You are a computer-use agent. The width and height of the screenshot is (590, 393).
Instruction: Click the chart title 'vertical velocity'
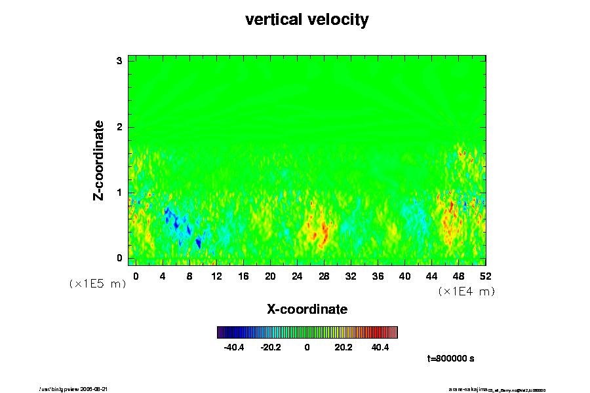click(x=307, y=20)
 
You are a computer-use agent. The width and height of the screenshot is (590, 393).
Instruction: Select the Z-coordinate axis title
click(x=99, y=160)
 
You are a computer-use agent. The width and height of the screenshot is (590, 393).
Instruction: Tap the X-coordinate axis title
click(x=307, y=309)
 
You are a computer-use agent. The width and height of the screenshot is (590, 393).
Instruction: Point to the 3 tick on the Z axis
click(x=120, y=61)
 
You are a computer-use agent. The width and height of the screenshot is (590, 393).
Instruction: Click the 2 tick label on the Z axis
click(x=120, y=127)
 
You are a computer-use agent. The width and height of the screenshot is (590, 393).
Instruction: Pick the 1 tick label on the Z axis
click(x=120, y=193)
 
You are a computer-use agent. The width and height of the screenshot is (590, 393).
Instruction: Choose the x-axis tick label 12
click(x=216, y=276)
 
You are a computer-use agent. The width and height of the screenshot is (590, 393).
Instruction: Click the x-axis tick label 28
click(x=324, y=276)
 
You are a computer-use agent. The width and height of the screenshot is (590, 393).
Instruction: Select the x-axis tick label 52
click(x=485, y=276)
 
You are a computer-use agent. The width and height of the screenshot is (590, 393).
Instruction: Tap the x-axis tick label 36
click(x=378, y=276)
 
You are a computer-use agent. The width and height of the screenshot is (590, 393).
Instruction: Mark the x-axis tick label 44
click(x=431, y=276)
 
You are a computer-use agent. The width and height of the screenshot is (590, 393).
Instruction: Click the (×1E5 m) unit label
click(x=98, y=284)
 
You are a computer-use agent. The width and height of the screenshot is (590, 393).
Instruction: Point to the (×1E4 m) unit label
click(x=467, y=291)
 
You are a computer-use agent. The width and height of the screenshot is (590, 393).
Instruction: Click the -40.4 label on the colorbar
click(x=234, y=347)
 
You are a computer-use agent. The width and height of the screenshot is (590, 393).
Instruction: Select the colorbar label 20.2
click(x=344, y=347)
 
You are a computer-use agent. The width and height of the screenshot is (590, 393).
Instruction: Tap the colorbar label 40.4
click(x=380, y=347)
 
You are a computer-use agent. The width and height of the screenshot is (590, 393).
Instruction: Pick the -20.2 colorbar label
click(x=270, y=347)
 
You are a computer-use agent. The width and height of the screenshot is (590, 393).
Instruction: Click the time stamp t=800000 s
click(x=450, y=359)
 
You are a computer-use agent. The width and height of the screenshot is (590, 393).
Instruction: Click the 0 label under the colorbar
click(x=307, y=347)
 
